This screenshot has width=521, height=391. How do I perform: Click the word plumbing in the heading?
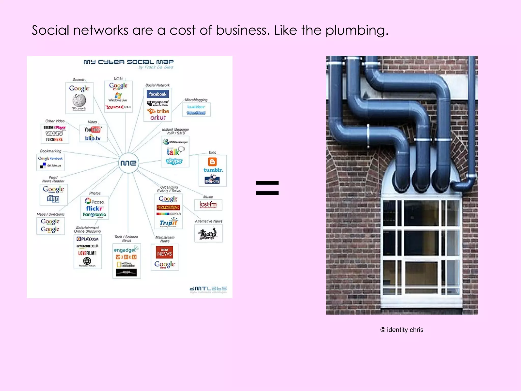(x=357, y=31)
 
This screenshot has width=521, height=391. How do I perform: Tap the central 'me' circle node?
(x=128, y=163)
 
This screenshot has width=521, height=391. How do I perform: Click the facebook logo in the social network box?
(x=157, y=94)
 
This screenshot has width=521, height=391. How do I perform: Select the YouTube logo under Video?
(x=93, y=130)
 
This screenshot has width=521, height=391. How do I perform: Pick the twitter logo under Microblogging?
(x=196, y=107)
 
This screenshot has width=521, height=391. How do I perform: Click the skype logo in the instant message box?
(x=174, y=161)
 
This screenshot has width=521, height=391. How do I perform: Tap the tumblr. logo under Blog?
(x=213, y=170)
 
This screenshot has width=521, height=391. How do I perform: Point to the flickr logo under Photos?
(x=94, y=208)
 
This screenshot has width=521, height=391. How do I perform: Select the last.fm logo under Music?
(x=208, y=204)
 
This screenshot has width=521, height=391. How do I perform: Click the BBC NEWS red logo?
(x=164, y=252)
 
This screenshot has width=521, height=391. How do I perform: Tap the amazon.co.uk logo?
(x=87, y=246)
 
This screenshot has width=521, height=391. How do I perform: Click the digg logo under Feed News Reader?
(x=53, y=199)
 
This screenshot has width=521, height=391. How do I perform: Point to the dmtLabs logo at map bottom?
(x=208, y=289)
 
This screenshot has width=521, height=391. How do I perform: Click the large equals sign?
(x=267, y=188)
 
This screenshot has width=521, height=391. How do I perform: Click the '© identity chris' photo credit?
(x=402, y=330)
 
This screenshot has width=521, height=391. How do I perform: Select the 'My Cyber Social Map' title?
(x=128, y=62)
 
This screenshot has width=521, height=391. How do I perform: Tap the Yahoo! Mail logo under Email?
(x=118, y=107)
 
